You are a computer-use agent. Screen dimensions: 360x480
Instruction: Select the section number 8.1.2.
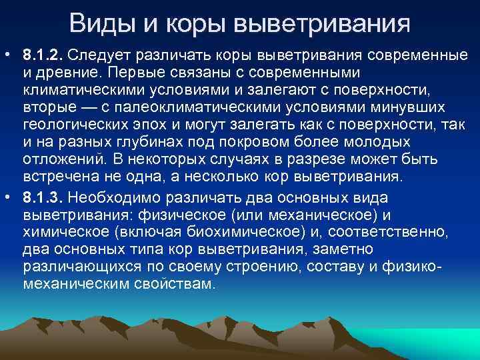[x=43, y=53]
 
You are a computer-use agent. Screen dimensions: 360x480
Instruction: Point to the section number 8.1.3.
[x=43, y=199]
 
